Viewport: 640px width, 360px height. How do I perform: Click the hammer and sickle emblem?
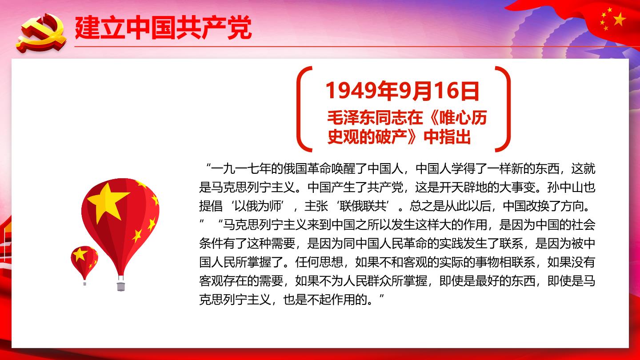[x=41, y=33]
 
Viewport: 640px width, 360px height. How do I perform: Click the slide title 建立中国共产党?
[x=163, y=28]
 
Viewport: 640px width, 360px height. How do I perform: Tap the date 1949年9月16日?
[x=402, y=91]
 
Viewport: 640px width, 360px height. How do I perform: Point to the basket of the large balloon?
[x=120, y=286]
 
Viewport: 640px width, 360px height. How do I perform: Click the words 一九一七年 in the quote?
[x=241, y=168]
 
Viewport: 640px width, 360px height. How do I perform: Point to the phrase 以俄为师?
[x=258, y=206]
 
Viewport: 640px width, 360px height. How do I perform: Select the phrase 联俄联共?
[x=363, y=206]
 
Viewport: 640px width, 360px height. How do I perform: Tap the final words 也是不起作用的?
[x=325, y=300]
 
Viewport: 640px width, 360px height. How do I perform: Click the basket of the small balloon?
[x=84, y=284]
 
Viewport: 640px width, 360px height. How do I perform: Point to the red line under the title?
[x=357, y=46]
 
